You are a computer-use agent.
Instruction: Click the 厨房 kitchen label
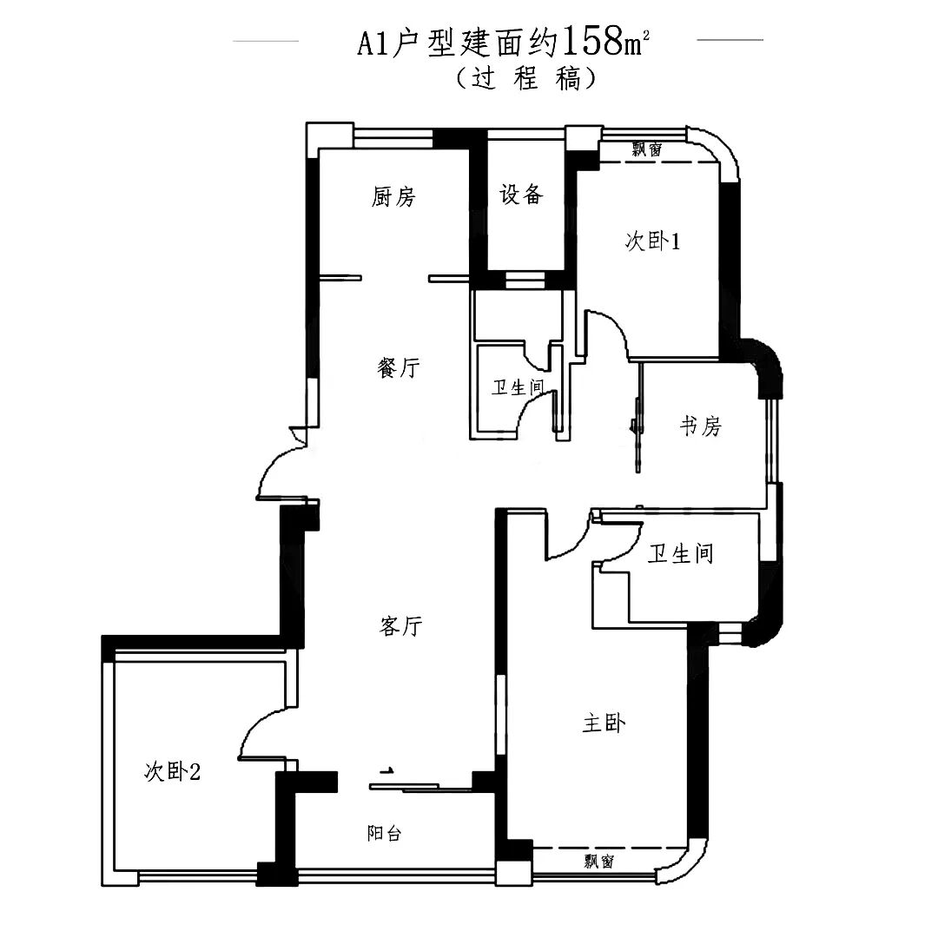[x=393, y=197]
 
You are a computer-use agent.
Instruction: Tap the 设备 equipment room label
[x=521, y=195]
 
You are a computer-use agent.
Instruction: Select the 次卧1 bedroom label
[x=651, y=242]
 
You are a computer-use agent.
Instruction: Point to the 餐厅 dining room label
[x=399, y=368]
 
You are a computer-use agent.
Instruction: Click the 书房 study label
[x=700, y=426]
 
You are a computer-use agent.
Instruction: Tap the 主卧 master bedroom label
[x=604, y=723]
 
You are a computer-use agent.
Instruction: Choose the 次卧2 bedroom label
[x=172, y=770]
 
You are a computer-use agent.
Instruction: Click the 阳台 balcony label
[x=384, y=834]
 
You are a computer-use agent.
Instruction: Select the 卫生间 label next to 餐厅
[x=518, y=388]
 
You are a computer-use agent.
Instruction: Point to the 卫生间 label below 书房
[x=680, y=553]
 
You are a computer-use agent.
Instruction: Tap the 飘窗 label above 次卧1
[x=646, y=149]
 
